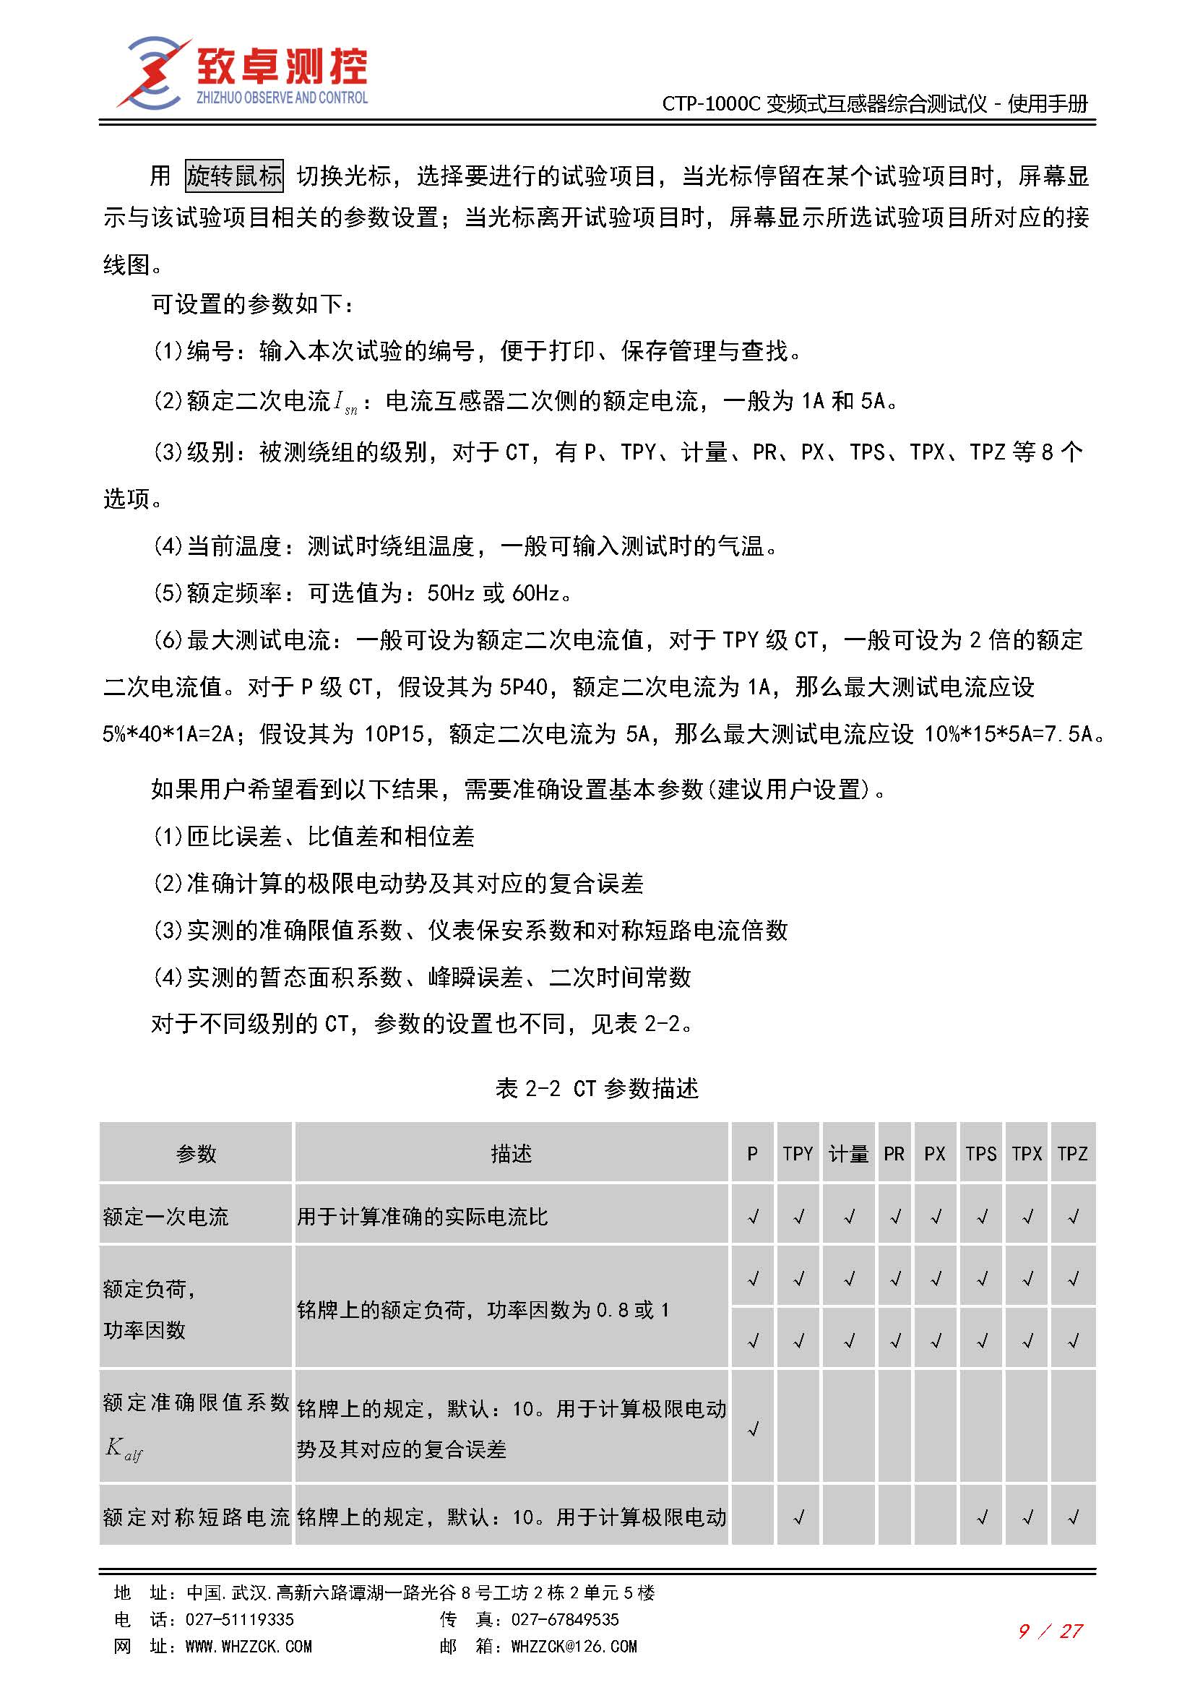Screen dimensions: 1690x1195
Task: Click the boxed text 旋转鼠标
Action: click(x=234, y=176)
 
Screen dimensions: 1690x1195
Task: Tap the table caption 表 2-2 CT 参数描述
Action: click(x=597, y=1088)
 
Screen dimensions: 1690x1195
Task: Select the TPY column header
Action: click(x=798, y=1153)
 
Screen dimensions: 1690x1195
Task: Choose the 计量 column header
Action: click(x=848, y=1153)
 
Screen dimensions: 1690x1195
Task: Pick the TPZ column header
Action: click(x=1072, y=1153)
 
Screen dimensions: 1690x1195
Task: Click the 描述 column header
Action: click(x=511, y=1153)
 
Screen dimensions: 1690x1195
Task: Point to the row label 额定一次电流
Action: click(x=166, y=1217)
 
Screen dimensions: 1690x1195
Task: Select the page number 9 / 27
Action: click(x=1050, y=1631)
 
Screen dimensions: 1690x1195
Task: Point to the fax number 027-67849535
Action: click(x=564, y=1619)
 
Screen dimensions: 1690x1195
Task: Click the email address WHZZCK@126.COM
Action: click(x=574, y=1646)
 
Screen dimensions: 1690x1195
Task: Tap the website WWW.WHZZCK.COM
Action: click(x=248, y=1646)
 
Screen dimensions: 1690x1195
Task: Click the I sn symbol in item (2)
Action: click(x=345, y=402)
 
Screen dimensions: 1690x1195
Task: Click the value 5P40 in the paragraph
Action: click(x=523, y=686)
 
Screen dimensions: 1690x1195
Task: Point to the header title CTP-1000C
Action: click(x=710, y=104)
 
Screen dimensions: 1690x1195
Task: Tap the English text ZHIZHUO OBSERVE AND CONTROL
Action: click(x=281, y=97)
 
